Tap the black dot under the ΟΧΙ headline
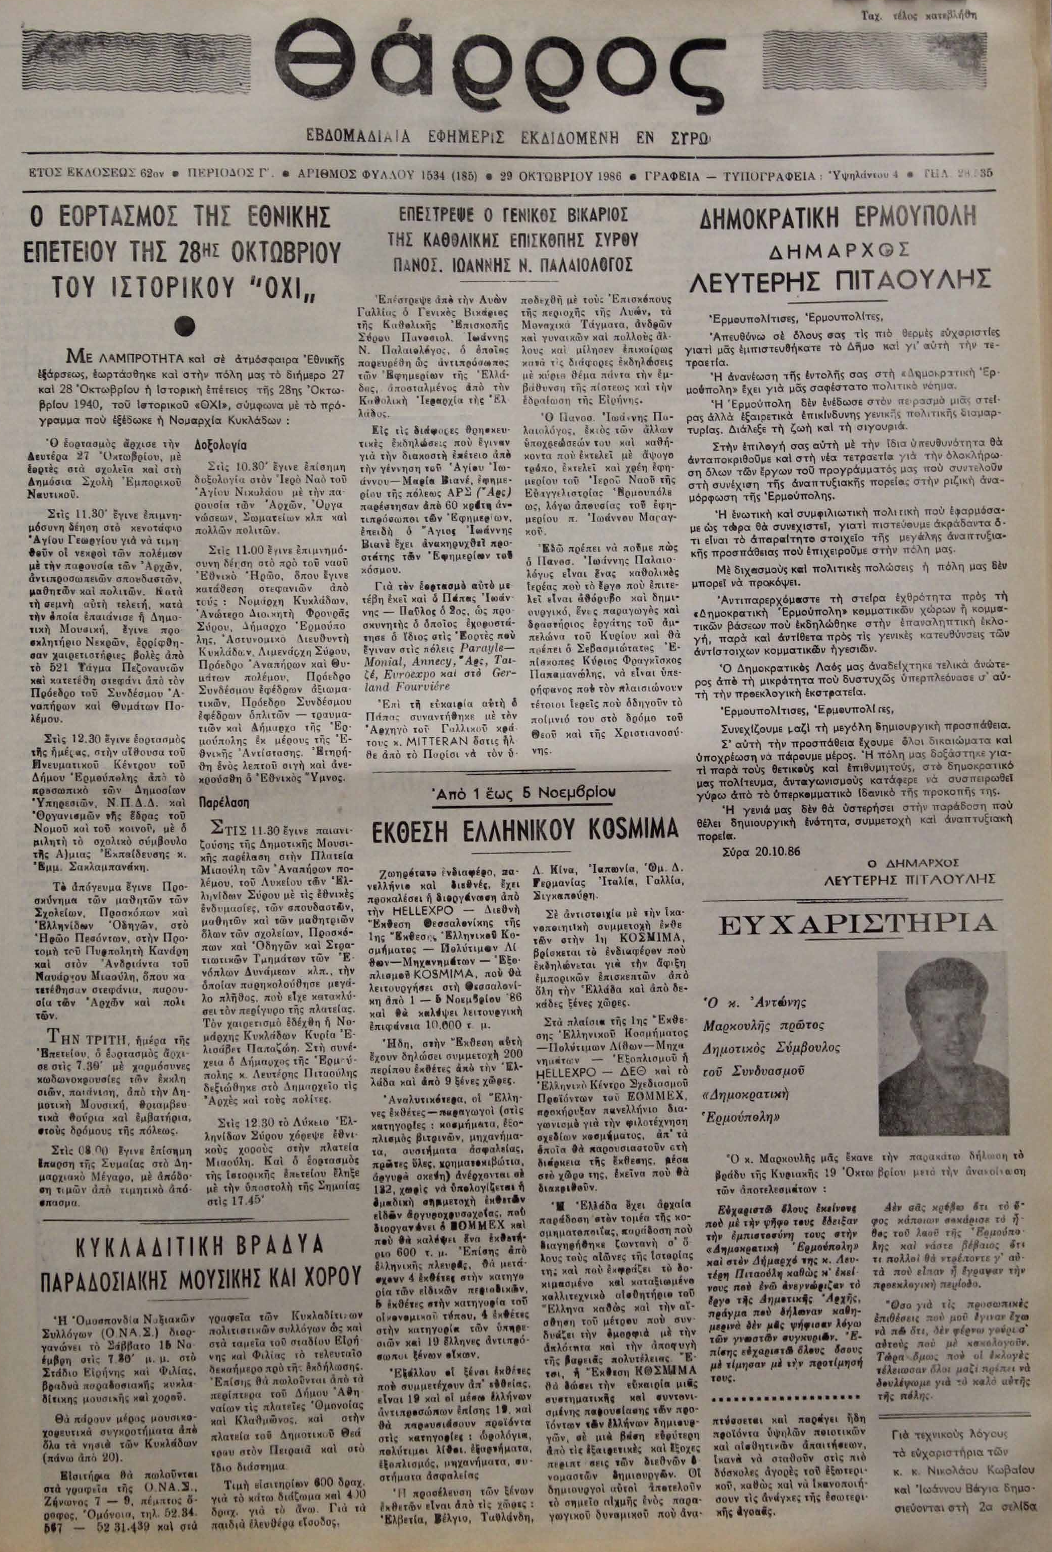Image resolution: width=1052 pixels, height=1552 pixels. (183, 325)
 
